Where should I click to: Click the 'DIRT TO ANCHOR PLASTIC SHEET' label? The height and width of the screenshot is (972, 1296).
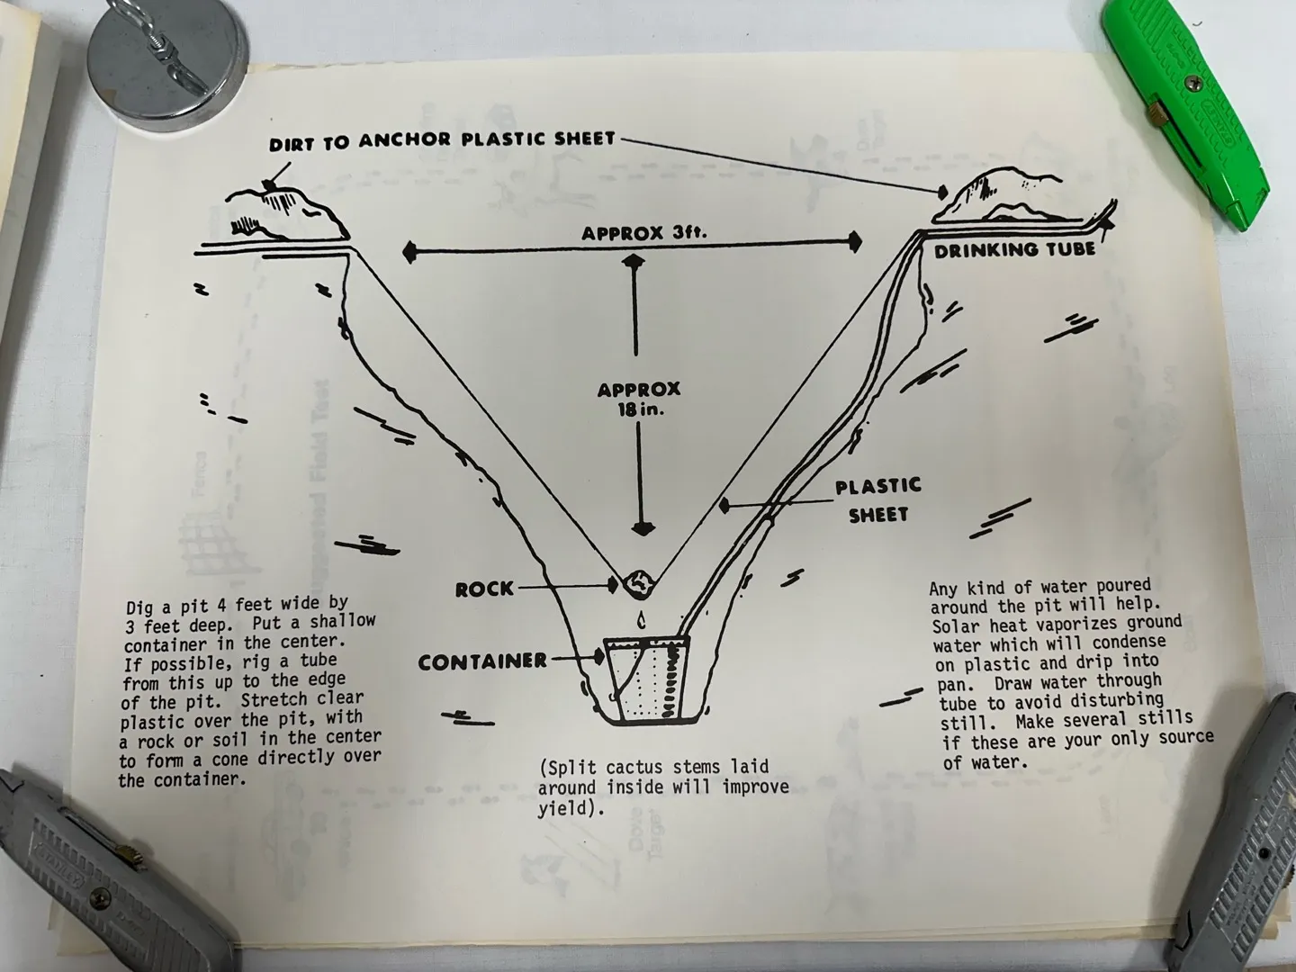[442, 141]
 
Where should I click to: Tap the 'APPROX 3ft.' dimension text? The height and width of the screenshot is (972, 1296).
[643, 233]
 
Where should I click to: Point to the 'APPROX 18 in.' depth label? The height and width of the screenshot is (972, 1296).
[639, 399]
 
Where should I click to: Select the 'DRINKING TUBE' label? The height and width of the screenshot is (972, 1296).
[1014, 250]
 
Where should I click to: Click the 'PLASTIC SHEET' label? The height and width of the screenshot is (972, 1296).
[878, 501]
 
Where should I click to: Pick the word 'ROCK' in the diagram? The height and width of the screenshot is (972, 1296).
[485, 589]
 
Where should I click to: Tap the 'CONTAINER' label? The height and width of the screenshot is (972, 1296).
[482, 662]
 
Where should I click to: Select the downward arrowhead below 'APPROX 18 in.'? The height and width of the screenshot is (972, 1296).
[643, 528]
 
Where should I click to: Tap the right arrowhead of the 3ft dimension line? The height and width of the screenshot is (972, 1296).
[854, 242]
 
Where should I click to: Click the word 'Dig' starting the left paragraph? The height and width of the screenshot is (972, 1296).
[140, 607]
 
